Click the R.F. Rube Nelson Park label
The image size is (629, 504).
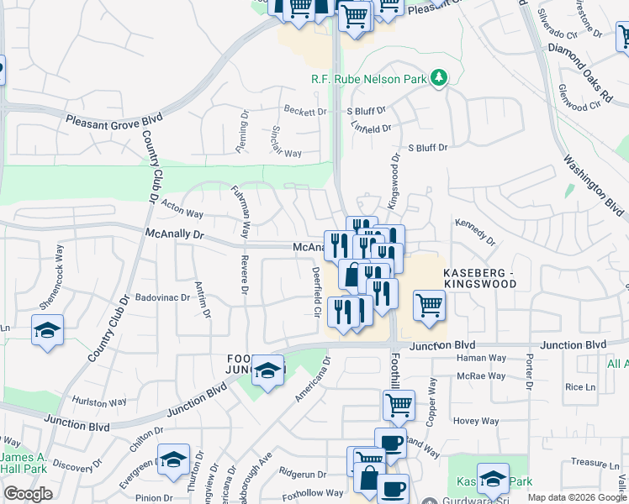pos(367,79)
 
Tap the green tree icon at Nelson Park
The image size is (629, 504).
pos(437,78)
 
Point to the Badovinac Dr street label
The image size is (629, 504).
pos(162,297)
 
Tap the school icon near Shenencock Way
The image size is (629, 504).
pos(48,329)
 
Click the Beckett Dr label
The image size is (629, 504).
pos(304,111)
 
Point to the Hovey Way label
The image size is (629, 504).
pos(478,422)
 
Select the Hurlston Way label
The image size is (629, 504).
pos(98,402)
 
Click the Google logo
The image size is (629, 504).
pos(28,494)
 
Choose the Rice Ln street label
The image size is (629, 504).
pos(580,387)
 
